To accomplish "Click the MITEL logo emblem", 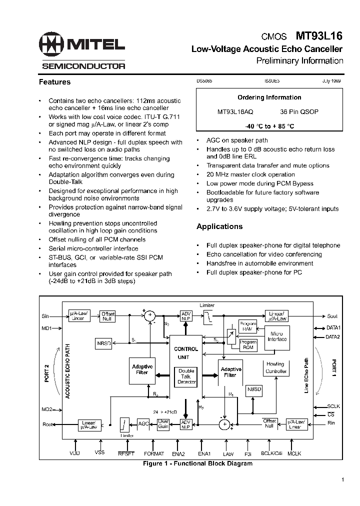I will (x=52, y=44).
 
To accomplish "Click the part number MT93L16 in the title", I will (x=319, y=36).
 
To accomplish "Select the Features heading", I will (x=55, y=82).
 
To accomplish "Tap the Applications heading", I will (x=219, y=226).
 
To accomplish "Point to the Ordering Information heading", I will (x=269, y=97).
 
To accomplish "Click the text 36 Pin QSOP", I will (x=299, y=112).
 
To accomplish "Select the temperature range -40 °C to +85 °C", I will (x=269, y=126).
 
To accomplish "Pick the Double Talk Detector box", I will (x=186, y=376).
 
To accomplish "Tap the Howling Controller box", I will (x=275, y=367).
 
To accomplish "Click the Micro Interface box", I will (x=276, y=336).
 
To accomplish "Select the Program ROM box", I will (x=248, y=344).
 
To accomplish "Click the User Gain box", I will (x=164, y=423).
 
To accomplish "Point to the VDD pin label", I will (x=74, y=453).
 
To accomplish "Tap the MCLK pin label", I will (x=295, y=453).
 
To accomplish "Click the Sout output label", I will (x=332, y=316).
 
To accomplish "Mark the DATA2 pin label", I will (x=333, y=337).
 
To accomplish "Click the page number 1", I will (x=343, y=480).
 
